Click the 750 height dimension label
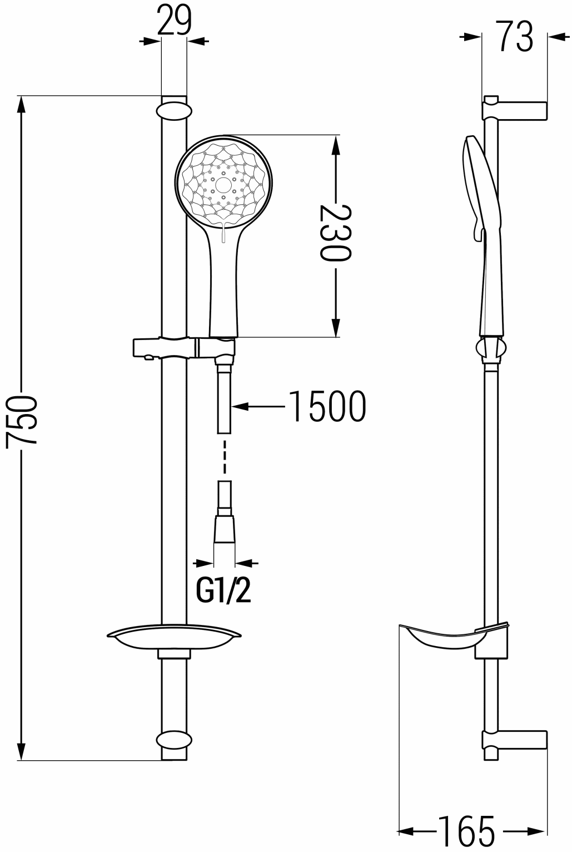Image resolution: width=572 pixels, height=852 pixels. point(21,420)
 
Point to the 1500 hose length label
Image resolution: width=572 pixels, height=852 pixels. point(327,406)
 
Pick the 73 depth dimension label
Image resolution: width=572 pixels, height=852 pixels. point(515,36)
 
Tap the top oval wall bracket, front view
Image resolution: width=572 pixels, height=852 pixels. point(174,111)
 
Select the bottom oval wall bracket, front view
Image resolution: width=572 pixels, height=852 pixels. point(174,740)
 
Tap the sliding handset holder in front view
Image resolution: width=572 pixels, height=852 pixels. point(184,347)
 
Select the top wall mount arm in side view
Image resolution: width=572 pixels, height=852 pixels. point(515,110)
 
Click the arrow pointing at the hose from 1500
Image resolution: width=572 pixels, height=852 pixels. point(258,406)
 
